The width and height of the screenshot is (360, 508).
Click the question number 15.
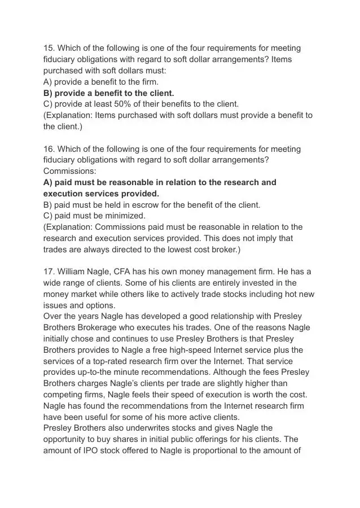49,48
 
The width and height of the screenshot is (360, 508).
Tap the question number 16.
49,149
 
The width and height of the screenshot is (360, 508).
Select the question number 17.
49,271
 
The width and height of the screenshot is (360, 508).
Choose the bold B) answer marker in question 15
48,93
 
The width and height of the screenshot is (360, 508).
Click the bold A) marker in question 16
48,182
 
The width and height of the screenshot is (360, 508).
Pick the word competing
63,395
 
